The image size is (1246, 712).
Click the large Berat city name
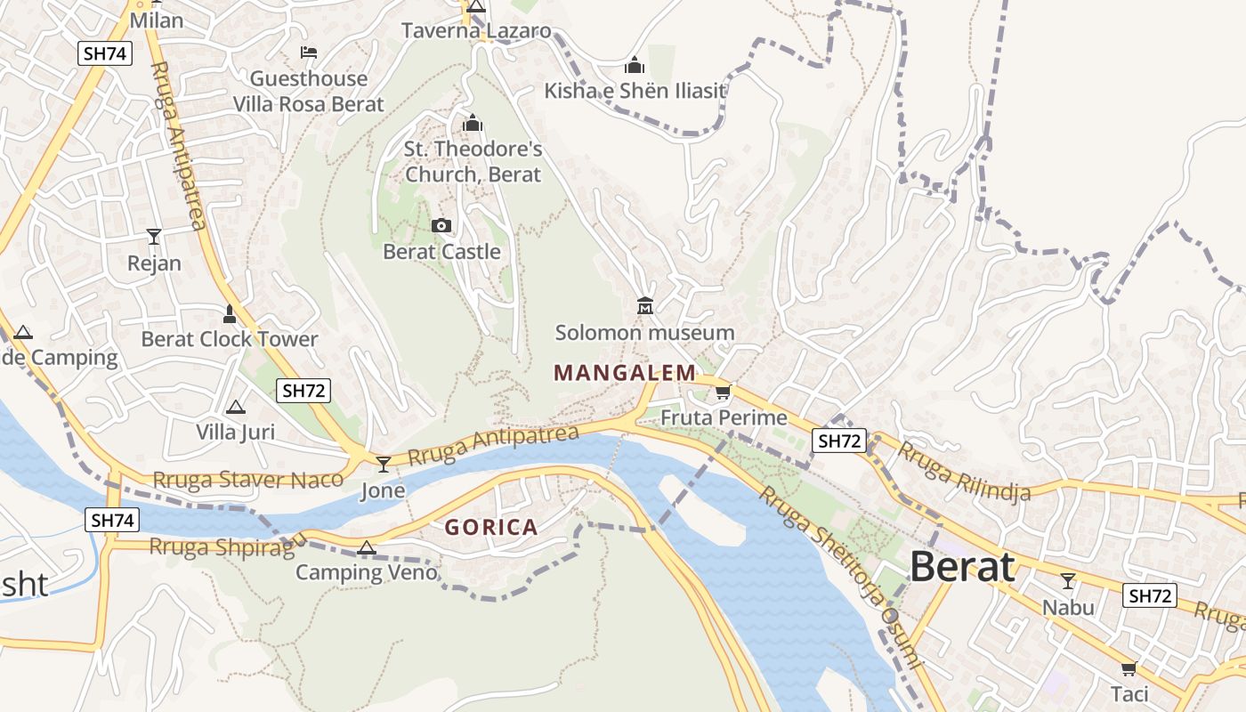pos(962,567)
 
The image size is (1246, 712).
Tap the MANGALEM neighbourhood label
pos(625,373)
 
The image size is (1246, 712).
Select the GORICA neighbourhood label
pos(491,528)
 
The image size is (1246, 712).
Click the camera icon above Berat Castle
pos(441,226)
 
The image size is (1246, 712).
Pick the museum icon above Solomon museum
pos(645,307)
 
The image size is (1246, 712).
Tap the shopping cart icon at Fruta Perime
pos(723,392)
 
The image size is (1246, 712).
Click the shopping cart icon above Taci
pos(1129,668)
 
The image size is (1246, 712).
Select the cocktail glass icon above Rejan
pos(154,237)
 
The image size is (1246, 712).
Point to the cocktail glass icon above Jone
pos(384,465)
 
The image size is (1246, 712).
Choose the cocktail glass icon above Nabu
pos(1068,581)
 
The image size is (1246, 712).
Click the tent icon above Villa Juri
pos(235,408)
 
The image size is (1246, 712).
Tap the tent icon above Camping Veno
pos(366,547)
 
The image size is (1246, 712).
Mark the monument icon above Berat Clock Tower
pos(230,313)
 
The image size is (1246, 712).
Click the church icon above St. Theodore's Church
pos(473,123)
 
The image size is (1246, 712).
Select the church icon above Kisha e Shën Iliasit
pos(635,65)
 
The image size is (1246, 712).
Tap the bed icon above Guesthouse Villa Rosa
pos(309,53)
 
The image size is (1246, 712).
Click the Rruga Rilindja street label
pos(963,471)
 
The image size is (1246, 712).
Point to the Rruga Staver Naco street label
pos(247,480)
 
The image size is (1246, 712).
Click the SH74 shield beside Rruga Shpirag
pos(112,520)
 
